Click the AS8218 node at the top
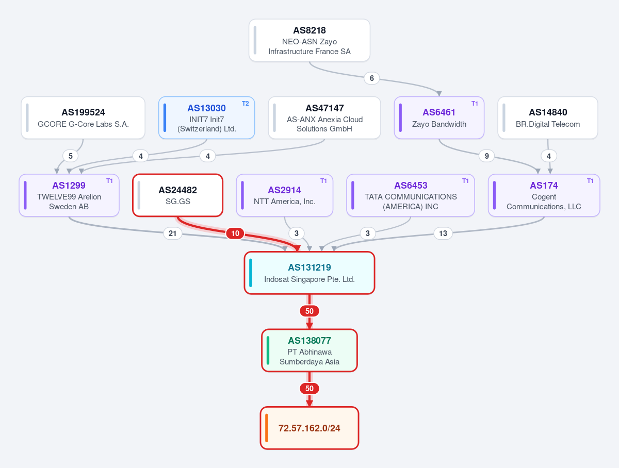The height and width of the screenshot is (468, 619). click(309, 40)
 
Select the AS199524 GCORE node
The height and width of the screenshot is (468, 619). click(83, 118)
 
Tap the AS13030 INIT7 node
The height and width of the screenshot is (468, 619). click(206, 118)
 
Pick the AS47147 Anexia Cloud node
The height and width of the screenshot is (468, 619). click(324, 118)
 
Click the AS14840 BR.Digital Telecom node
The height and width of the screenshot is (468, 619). click(548, 118)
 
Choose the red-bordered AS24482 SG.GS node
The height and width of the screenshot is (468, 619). click(177, 195)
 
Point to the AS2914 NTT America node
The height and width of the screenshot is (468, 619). click(285, 195)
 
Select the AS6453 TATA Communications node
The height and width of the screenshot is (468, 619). click(410, 195)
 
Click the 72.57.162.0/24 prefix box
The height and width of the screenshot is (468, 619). click(309, 428)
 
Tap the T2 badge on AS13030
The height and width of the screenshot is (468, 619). click(246, 104)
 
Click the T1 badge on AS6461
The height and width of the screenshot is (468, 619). click(475, 104)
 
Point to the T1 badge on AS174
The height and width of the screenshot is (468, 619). click(590, 181)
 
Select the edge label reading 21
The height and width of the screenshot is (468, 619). click(173, 233)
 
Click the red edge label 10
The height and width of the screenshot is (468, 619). click(235, 233)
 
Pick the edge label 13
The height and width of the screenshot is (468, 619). click(443, 233)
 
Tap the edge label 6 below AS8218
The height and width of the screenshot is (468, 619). click(372, 78)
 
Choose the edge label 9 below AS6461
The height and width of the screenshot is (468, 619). click(487, 156)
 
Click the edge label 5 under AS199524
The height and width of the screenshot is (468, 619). click(71, 156)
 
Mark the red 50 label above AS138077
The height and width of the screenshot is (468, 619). click(309, 311)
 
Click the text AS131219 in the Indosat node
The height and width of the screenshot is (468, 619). click(309, 268)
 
